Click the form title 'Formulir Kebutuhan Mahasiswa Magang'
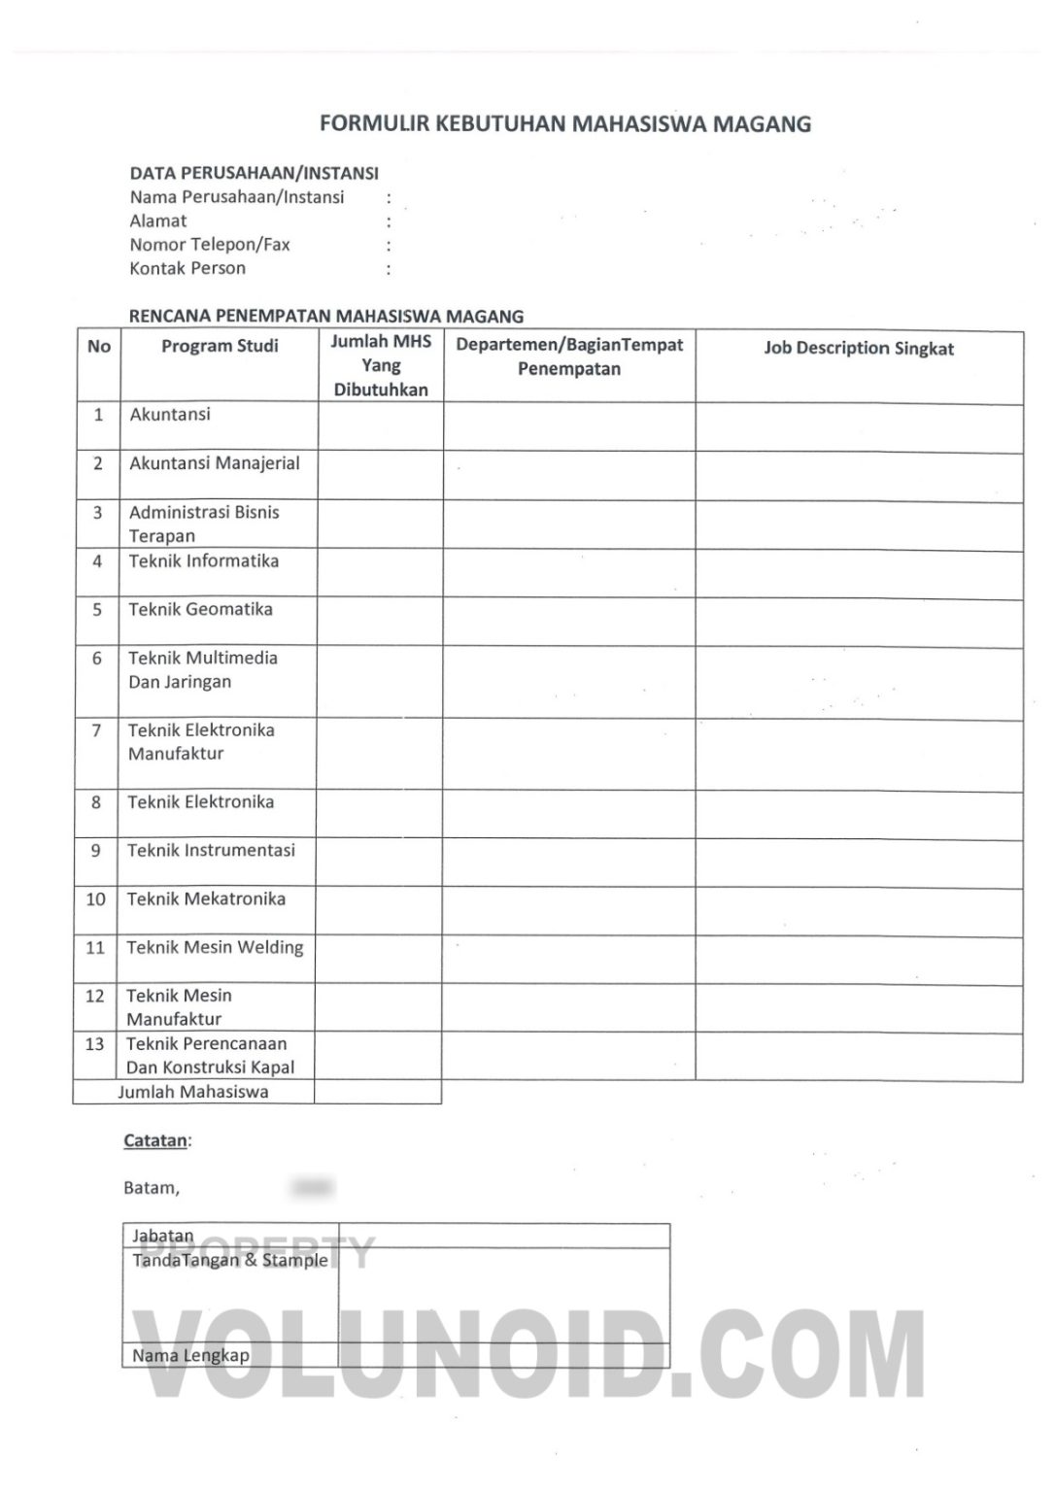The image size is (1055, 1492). [x=565, y=124]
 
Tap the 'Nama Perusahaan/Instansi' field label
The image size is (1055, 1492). [x=237, y=197]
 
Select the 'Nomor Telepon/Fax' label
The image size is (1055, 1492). [x=210, y=245]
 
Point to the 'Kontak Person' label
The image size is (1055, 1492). [x=187, y=268]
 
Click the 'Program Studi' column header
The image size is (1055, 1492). [x=220, y=346]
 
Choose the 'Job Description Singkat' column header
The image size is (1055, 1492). [x=859, y=349]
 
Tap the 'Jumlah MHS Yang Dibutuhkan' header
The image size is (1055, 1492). [x=381, y=365]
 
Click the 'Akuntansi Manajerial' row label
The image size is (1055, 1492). [x=215, y=463]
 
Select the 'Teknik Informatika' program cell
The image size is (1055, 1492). [x=204, y=560]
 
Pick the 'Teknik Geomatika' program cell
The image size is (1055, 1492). [x=201, y=609]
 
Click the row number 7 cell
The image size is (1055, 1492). [x=96, y=730]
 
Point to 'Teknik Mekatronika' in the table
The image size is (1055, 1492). [x=206, y=899]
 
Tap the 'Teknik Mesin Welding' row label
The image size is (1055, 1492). [x=215, y=947]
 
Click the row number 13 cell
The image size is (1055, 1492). [x=94, y=1044]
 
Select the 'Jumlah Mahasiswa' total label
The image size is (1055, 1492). [x=193, y=1092]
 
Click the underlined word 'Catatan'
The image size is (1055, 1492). [x=155, y=1140]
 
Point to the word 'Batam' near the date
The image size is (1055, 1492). [x=151, y=1187]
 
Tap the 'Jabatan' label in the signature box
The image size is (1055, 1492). [x=163, y=1236]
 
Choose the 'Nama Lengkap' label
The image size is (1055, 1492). [x=190, y=1355]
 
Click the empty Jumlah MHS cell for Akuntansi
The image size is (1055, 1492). [x=381, y=425]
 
